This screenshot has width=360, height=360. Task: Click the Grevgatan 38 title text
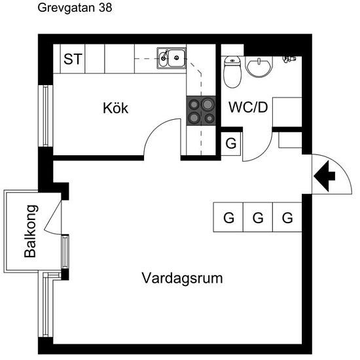75,8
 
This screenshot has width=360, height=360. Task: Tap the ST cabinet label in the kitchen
73,59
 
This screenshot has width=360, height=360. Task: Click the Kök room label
115,108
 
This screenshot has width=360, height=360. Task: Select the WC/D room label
248,107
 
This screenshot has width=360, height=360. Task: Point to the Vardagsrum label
182,278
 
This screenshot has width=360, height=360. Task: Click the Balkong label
30,231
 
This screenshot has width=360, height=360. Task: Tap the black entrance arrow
325,176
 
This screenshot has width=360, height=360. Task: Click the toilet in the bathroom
232,72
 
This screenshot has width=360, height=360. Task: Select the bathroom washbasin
259,67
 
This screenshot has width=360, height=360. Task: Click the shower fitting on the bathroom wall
289,59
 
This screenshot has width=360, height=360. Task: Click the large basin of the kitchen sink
177,58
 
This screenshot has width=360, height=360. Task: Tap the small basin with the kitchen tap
163,58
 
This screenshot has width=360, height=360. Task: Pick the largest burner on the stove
207,105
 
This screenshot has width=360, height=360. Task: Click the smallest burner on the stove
209,118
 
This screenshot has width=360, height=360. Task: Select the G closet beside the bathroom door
231,144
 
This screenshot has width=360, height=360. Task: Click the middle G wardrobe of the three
258,217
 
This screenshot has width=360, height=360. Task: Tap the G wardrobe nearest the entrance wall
287,217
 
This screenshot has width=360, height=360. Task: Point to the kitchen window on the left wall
45,116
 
